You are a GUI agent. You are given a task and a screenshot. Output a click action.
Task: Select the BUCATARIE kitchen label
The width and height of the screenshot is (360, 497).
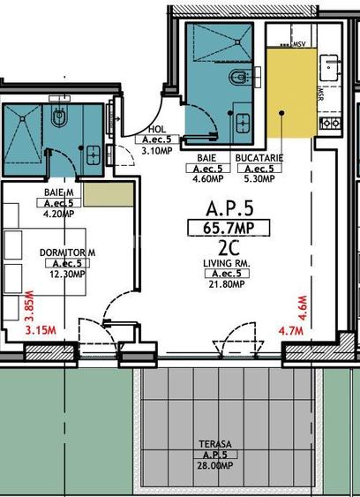click(x=259, y=159)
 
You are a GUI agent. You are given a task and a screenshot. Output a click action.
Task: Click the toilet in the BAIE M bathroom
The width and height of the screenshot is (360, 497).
click(x=59, y=117)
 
